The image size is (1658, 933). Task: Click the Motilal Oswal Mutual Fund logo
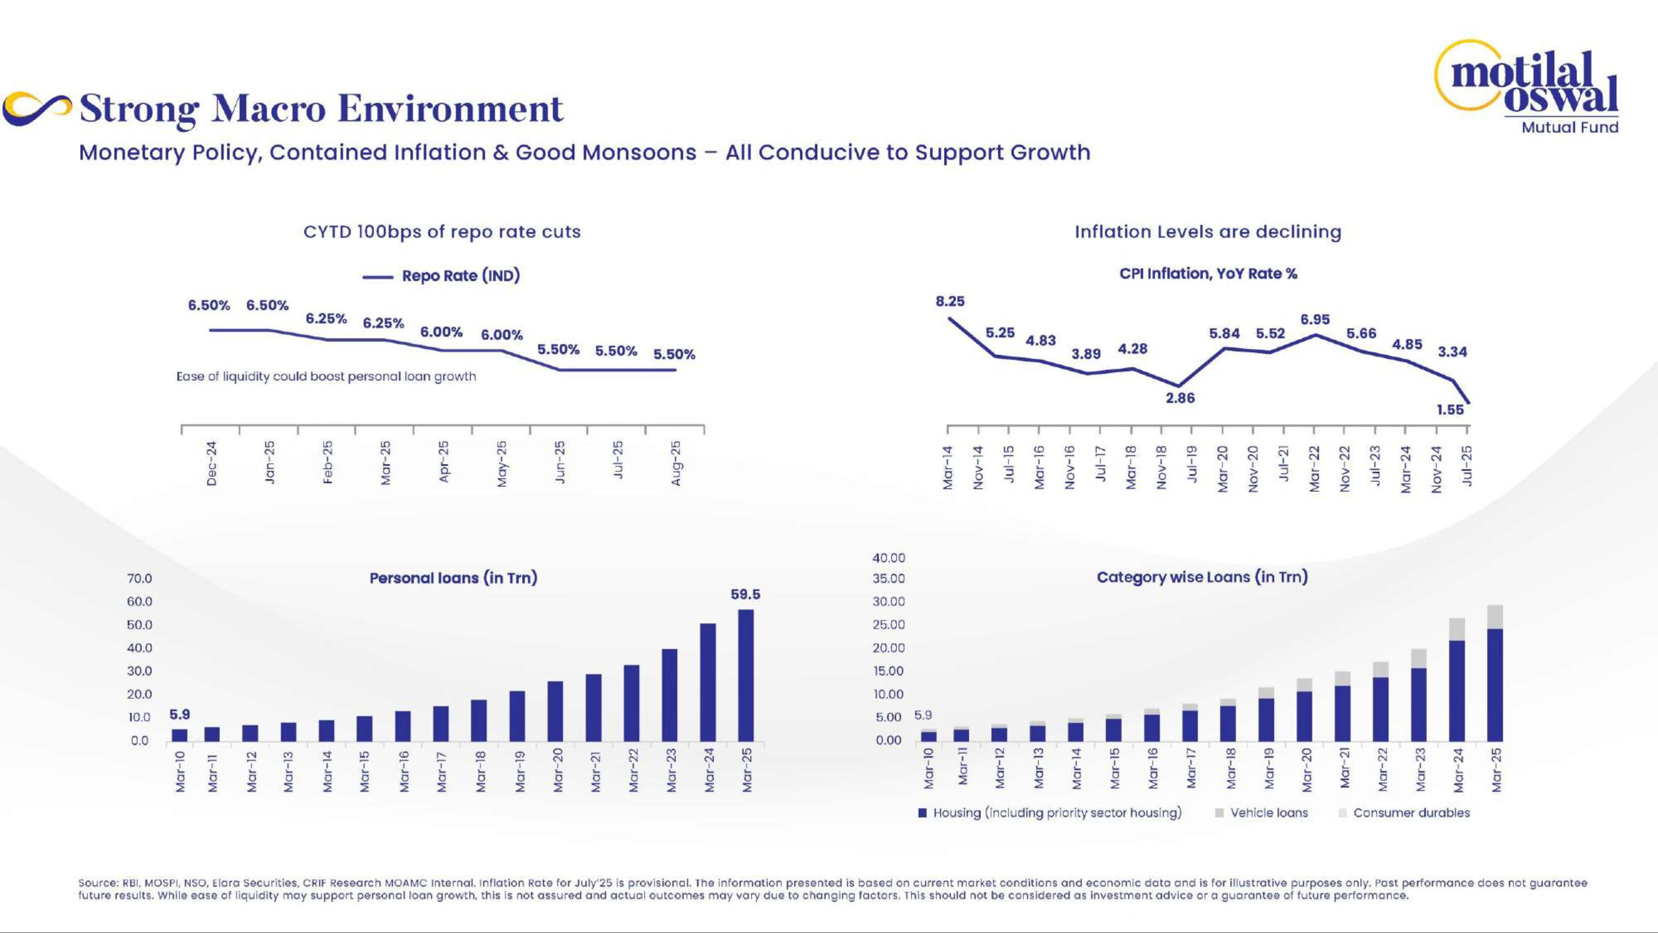click(1532, 87)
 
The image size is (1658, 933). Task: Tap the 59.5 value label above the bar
click(745, 594)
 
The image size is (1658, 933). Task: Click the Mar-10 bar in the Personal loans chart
click(179, 735)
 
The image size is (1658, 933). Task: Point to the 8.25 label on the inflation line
click(950, 301)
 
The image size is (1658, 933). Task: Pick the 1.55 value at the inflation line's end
click(1450, 410)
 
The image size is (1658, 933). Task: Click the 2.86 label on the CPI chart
click(1180, 398)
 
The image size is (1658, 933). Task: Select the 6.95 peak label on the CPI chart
click(1315, 319)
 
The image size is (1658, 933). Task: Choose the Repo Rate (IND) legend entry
click(460, 276)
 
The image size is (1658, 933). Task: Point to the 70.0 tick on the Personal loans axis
click(140, 578)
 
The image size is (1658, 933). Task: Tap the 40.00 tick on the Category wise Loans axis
click(888, 558)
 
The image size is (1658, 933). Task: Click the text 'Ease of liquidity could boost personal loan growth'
click(326, 376)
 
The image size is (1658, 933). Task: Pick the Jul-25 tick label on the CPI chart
click(1467, 465)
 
